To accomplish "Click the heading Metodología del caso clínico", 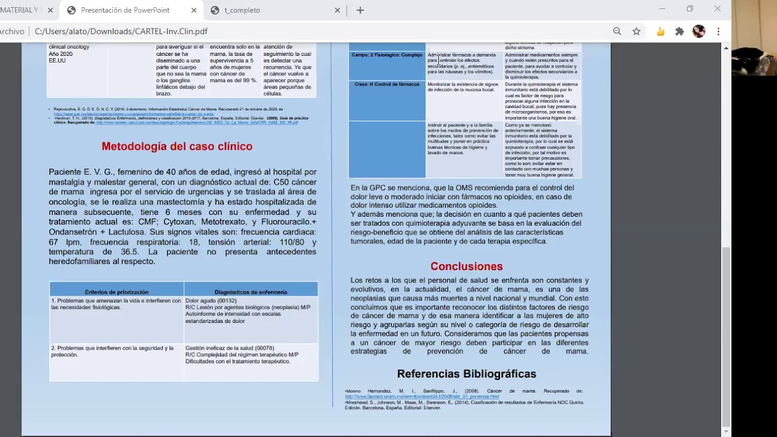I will pos(177,146).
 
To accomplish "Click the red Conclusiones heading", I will pos(466,266).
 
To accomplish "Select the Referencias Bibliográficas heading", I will pos(466,374).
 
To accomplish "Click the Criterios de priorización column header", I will pos(117,292).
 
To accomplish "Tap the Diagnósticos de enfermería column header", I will pos(251,292).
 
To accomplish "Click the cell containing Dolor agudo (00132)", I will pos(251,319).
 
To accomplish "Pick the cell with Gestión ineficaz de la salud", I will pos(251,362).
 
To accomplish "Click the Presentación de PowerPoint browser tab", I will pos(125,10).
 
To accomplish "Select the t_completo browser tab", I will pos(242,10).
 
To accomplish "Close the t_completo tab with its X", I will pos(338,10).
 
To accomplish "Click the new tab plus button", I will pos(360,10).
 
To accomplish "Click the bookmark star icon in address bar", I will pos(636,32).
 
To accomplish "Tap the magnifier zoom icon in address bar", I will pos(617,32).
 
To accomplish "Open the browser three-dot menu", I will pos(718,32).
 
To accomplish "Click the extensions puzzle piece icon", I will pos(679,32).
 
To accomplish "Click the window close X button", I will pos(718,9).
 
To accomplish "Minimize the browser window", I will pos(662,9).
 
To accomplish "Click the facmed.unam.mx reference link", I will pos(422,396).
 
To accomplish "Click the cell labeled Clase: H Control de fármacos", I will pos(387,100).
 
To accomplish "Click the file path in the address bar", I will pos(121,32).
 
